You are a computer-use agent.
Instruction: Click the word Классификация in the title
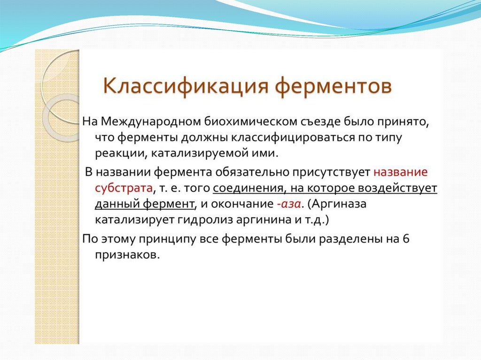(186, 85)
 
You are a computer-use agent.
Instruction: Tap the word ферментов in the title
(333, 86)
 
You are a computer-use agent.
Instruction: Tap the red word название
(400, 172)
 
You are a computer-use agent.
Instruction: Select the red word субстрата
(124, 188)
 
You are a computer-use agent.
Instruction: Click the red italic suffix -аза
(289, 204)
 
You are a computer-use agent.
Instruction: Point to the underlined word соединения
(249, 188)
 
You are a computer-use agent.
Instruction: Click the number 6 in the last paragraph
(406, 238)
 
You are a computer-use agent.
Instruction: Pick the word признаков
(127, 255)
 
